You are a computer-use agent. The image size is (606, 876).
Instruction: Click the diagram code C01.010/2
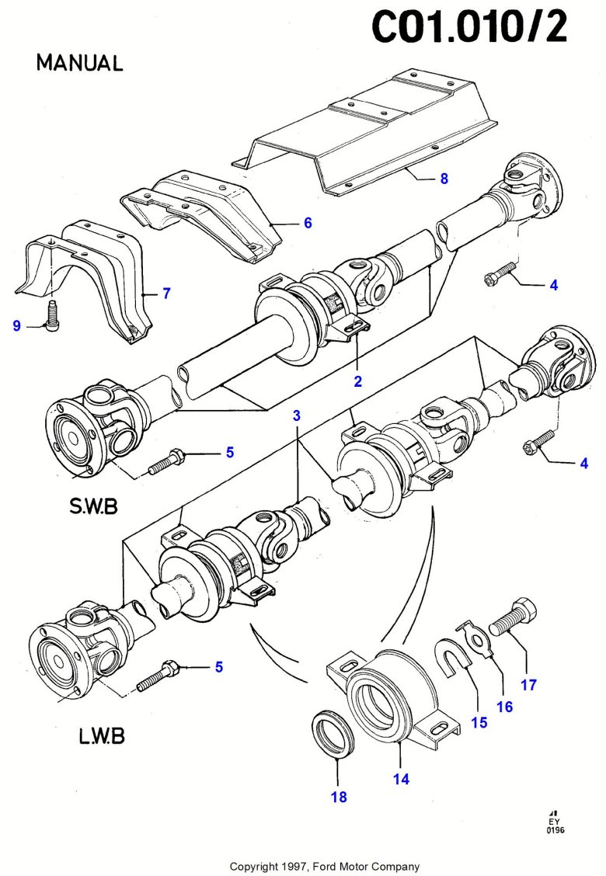470,28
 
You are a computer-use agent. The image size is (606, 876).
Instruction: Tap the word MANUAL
79,64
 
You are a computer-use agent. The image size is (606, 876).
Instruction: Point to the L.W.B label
102,735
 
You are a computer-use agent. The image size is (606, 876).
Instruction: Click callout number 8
444,179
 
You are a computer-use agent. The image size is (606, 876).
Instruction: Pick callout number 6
308,223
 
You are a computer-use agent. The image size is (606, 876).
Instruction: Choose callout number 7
166,294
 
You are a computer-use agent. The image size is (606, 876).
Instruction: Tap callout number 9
16,326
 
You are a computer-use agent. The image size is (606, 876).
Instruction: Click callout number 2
358,381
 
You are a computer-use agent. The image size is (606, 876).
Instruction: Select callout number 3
296,415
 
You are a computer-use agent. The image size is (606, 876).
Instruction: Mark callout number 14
401,779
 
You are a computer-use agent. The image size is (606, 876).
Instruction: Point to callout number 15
479,722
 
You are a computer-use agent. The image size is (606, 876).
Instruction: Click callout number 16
505,706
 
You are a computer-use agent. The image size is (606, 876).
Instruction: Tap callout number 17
529,685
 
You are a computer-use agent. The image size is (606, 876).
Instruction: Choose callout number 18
339,796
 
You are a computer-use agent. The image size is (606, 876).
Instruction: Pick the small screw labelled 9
53,316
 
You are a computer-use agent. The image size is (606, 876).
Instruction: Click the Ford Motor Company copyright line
324,866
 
